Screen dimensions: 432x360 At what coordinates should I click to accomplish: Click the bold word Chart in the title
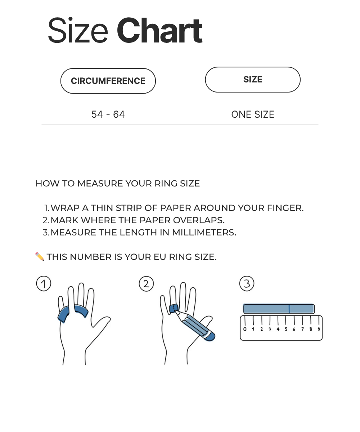pyautogui.click(x=159, y=31)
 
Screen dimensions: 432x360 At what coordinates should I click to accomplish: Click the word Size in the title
pyautogui.click(x=77, y=31)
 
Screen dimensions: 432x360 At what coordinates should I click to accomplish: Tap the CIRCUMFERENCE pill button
pyautogui.click(x=108, y=81)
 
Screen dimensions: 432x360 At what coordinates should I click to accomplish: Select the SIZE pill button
pyautogui.click(x=253, y=80)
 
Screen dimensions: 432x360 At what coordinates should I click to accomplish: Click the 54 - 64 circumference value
pyautogui.click(x=108, y=114)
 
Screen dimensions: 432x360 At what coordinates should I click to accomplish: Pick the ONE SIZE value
pyautogui.click(x=253, y=114)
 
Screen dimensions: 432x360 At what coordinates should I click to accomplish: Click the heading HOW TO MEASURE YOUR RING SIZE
pyautogui.click(x=117, y=184)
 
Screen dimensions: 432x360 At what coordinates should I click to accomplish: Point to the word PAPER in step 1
pyautogui.click(x=175, y=208)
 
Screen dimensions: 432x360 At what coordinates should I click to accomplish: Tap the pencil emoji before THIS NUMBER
pyautogui.click(x=40, y=257)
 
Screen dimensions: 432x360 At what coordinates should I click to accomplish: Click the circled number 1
pyautogui.click(x=44, y=284)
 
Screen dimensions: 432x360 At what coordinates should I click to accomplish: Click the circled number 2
pyautogui.click(x=146, y=284)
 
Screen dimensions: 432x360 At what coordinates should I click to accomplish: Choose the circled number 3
pyautogui.click(x=247, y=284)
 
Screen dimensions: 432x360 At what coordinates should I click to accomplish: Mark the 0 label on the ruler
pyautogui.click(x=245, y=329)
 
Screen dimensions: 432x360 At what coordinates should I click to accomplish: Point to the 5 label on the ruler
pyautogui.click(x=286, y=329)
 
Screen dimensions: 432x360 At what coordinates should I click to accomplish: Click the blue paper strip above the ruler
pyautogui.click(x=279, y=309)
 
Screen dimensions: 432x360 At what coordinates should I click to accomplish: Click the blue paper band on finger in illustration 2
pyautogui.click(x=174, y=308)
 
